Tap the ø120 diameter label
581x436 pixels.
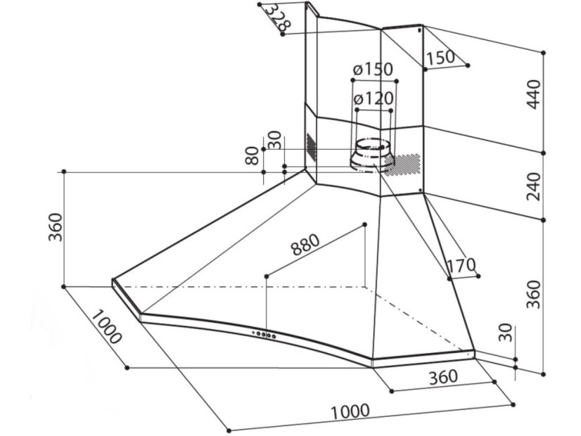pos(373,99)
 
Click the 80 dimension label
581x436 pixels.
pos(252,156)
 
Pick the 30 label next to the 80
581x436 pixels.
pos(274,140)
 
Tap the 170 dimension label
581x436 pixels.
pos(461,266)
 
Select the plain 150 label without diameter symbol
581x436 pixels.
pos(441,58)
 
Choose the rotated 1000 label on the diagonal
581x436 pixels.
pos(106,327)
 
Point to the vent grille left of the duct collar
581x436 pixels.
pos(310,146)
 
